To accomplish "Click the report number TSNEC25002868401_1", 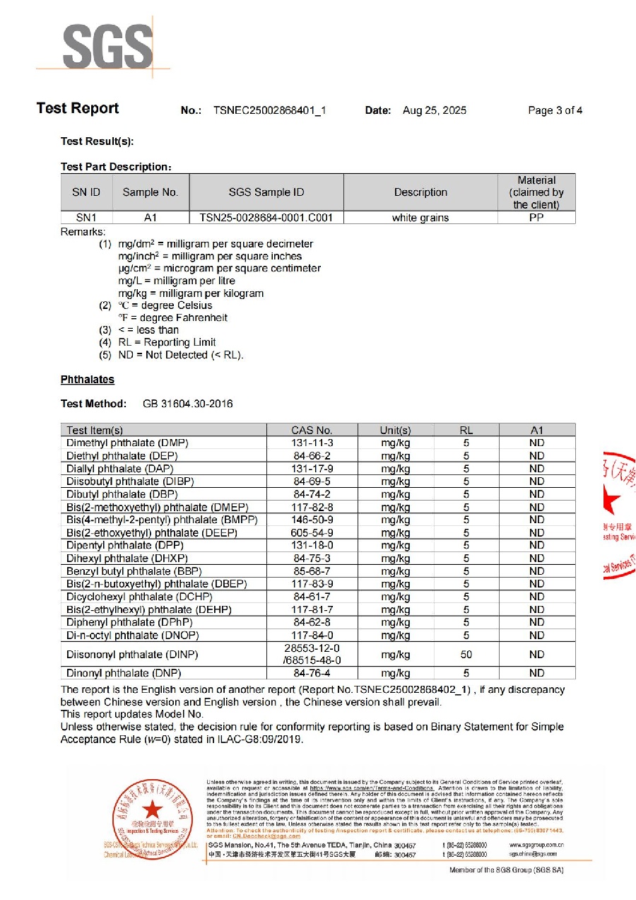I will [269, 110].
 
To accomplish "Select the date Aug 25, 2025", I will [435, 110].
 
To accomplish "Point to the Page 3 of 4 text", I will [555, 110].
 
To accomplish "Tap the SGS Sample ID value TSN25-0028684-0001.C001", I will [266, 218].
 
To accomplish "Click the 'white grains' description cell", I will [420, 218].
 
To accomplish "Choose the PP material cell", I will [536, 218].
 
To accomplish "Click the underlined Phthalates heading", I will [88, 380].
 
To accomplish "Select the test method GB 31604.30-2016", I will [187, 404].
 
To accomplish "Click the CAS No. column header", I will [312, 430].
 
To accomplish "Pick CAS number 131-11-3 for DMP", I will [312, 443].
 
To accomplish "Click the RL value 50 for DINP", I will [466, 655].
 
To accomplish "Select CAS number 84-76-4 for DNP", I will [312, 673].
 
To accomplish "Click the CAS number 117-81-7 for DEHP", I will [312, 609].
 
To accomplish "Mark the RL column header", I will [466, 430].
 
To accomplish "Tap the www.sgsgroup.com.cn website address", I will [536, 844].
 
